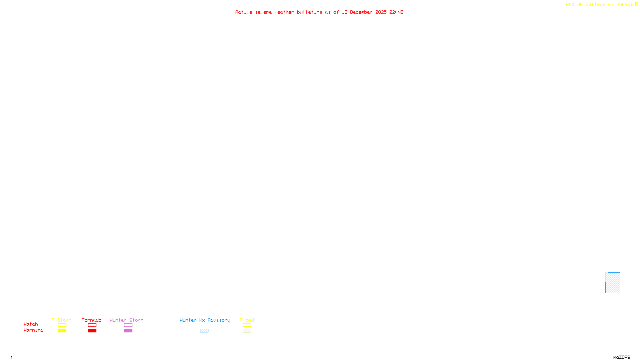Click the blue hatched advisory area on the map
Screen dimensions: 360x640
tap(612, 283)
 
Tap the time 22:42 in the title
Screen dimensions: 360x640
tap(396, 12)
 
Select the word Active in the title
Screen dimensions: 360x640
tap(244, 12)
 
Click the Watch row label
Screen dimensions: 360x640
tap(31, 324)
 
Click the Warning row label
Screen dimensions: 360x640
tap(33, 330)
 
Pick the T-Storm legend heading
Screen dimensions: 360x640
tap(62, 320)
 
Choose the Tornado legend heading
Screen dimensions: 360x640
tap(92, 320)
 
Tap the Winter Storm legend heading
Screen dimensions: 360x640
tap(126, 320)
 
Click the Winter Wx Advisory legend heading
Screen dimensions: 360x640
tap(205, 320)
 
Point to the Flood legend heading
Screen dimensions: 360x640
tap(247, 320)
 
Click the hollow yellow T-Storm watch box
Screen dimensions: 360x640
tap(62, 325)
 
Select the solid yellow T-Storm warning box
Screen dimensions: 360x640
tap(62, 331)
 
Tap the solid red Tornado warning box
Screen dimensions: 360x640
tap(92, 331)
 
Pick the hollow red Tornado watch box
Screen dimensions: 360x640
tap(92, 325)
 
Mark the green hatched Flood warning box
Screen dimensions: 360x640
tap(247, 331)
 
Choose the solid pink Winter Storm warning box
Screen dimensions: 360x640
tap(128, 331)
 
